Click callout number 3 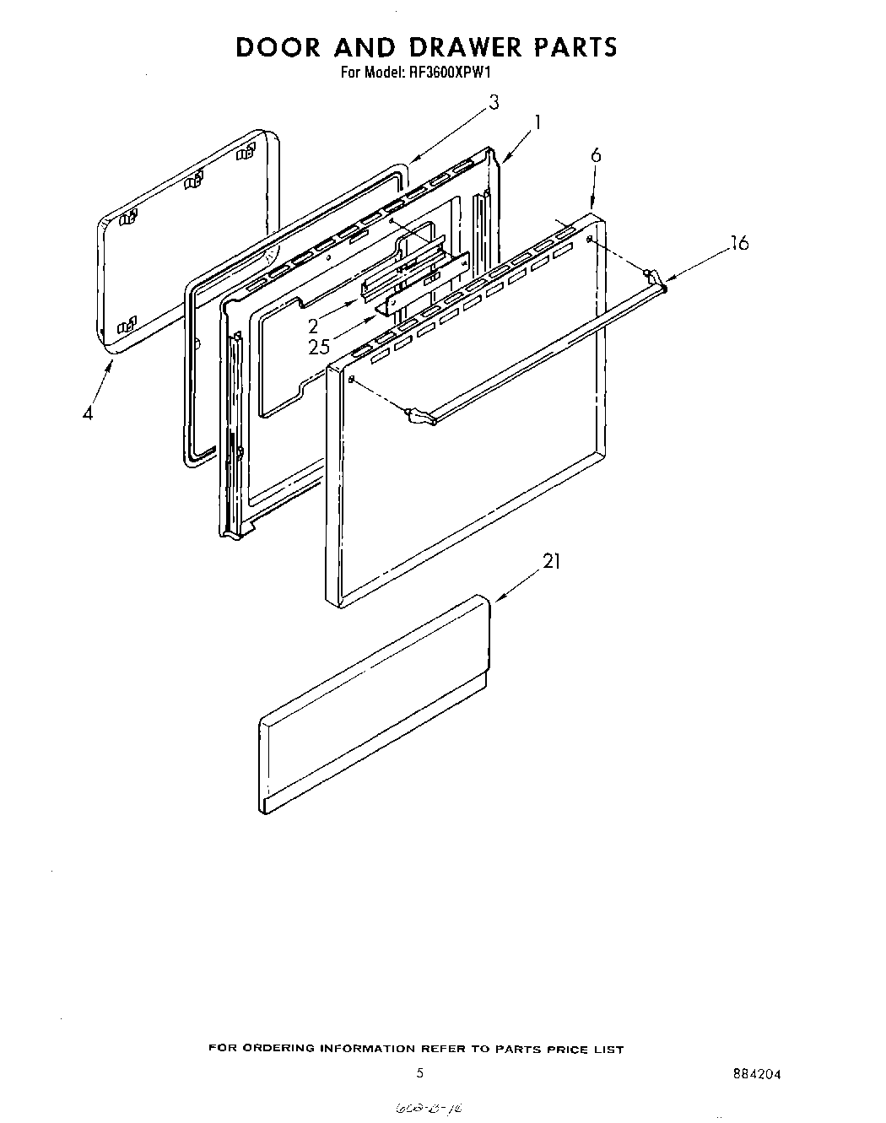click(494, 103)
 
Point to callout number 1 click(537, 121)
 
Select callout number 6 click(596, 155)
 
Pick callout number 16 click(739, 244)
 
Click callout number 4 click(88, 414)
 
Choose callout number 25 click(319, 347)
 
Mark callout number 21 click(551, 561)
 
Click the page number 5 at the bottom click(419, 1074)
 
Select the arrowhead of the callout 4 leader click(114, 360)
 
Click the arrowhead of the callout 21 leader click(496, 599)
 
